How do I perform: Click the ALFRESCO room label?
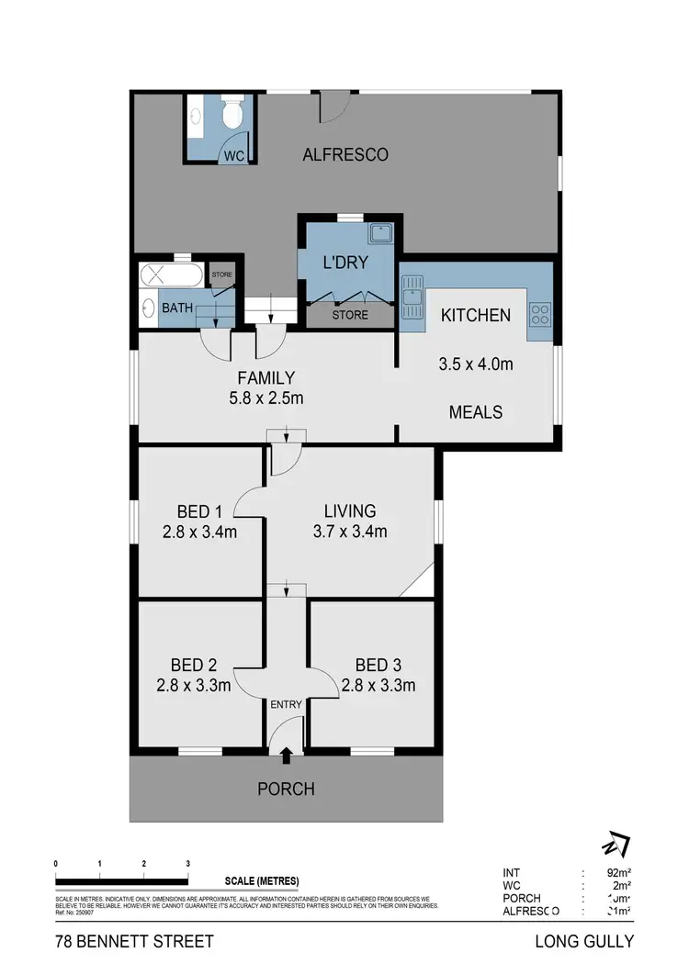coord(345,155)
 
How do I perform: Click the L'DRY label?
coord(344,263)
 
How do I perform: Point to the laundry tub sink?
coord(380,233)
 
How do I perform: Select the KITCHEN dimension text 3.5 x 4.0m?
coord(476,364)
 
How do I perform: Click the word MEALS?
coord(476,412)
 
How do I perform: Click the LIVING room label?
coord(350,511)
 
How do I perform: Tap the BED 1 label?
coord(198,511)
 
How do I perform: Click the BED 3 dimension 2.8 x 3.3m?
coord(378,685)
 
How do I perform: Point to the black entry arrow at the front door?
coord(286,755)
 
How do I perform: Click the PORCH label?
coord(286,789)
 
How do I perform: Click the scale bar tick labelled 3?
coord(187,865)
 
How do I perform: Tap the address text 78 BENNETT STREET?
coord(134,942)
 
